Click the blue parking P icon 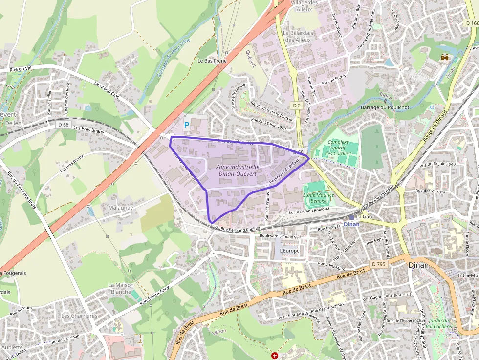pyautogui.click(x=186, y=126)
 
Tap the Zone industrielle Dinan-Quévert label pyautogui.click(x=238, y=170)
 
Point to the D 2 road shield pyautogui.click(x=297, y=106)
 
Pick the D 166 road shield pyautogui.click(x=471, y=23)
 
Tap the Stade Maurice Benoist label pyautogui.click(x=318, y=198)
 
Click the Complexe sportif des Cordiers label pyautogui.click(x=338, y=148)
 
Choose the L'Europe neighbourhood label pyautogui.click(x=289, y=251)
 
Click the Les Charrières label pyautogui.click(x=79, y=316)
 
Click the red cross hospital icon pyautogui.click(x=275, y=356)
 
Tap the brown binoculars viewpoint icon pyautogui.click(x=445, y=57)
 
